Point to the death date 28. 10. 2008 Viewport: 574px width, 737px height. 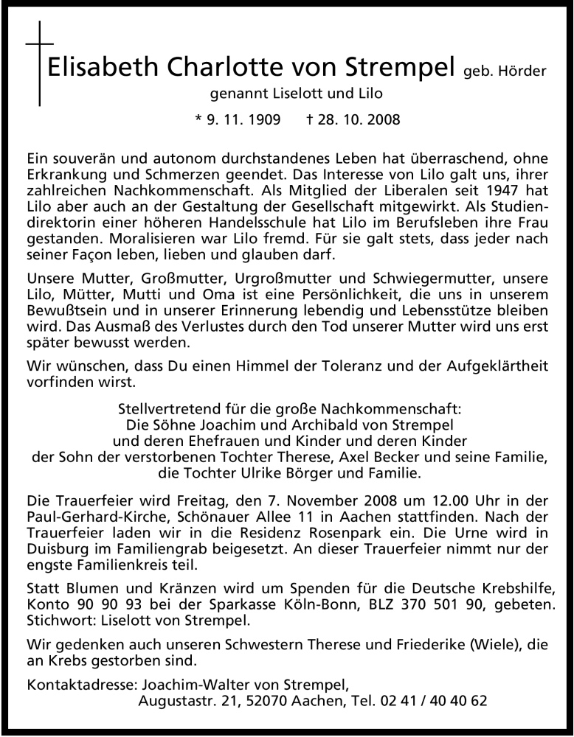[x=356, y=119]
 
